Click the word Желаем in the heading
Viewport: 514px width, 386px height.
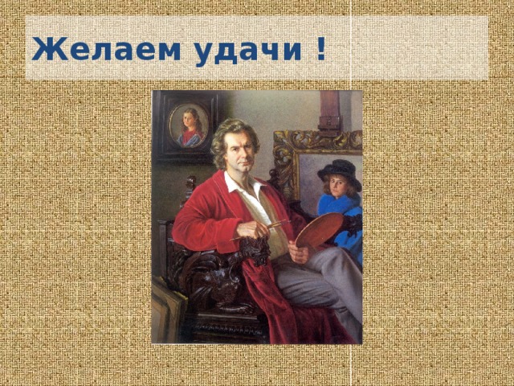pos(106,48)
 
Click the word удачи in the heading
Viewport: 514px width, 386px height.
pos(248,51)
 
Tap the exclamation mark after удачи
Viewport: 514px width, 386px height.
pos(321,48)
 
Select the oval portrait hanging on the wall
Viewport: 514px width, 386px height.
pos(189,125)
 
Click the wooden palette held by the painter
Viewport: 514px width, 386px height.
pos(319,230)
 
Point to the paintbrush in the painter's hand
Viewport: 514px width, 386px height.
pos(260,230)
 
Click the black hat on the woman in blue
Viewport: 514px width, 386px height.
pos(340,174)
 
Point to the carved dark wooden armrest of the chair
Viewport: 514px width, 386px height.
pos(255,250)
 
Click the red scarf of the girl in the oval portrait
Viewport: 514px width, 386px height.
pos(190,136)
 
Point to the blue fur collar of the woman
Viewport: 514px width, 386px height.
pos(339,203)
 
